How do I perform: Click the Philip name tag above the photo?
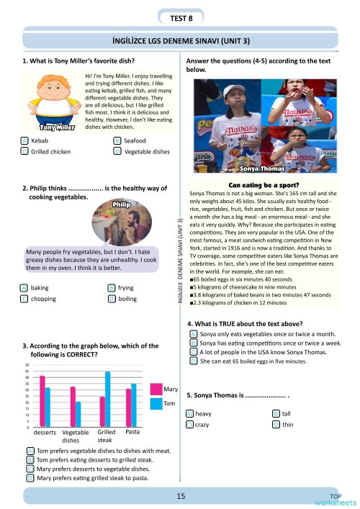[x=120, y=204]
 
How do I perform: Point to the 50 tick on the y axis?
[x=27, y=365]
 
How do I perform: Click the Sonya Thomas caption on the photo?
[x=261, y=171]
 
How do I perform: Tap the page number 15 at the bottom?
[x=179, y=495]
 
